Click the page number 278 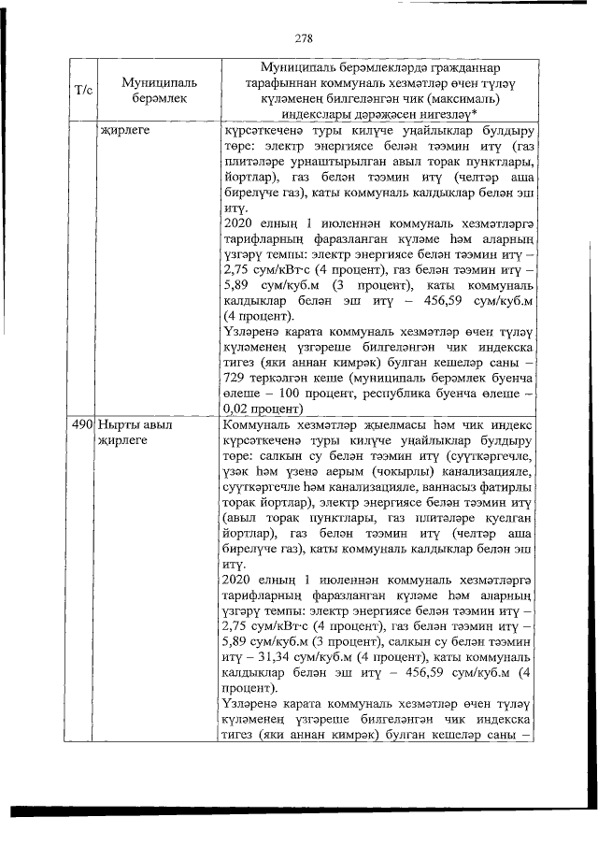point(302,38)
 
